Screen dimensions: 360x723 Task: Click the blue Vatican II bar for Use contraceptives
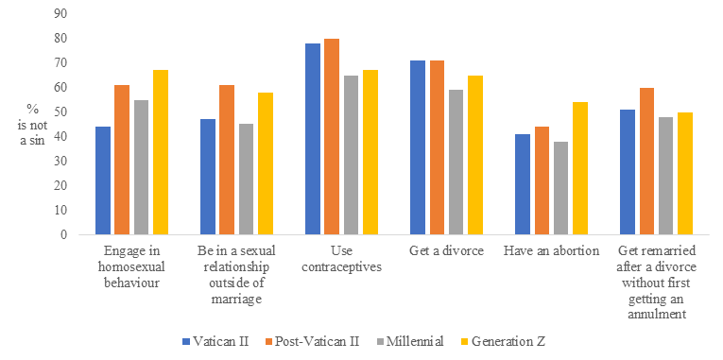(x=312, y=139)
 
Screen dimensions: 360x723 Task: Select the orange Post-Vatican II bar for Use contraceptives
(x=331, y=136)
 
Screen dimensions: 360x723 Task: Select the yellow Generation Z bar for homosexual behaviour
(x=161, y=152)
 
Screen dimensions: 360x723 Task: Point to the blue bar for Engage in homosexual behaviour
(x=103, y=180)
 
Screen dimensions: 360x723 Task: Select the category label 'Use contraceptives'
(x=341, y=259)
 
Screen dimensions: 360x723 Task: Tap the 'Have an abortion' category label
(x=550, y=251)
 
